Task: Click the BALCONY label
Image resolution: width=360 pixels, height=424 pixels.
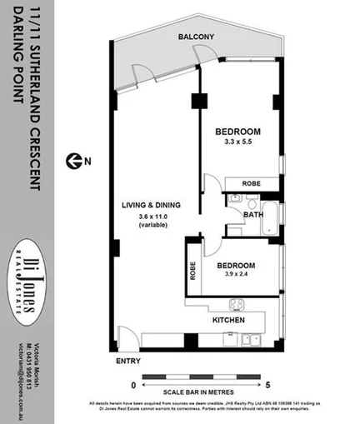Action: (x=196, y=37)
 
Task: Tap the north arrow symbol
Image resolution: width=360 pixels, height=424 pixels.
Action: (x=76, y=159)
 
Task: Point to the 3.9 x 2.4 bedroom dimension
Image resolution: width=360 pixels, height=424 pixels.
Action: (x=238, y=276)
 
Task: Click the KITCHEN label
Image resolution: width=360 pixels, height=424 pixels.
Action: (x=228, y=320)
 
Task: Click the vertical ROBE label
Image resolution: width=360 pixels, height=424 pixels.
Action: (x=192, y=271)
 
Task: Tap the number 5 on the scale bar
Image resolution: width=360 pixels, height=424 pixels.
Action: (x=268, y=386)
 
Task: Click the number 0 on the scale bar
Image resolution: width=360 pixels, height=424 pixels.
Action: (x=132, y=386)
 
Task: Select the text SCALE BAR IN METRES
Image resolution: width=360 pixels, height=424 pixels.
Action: (x=200, y=392)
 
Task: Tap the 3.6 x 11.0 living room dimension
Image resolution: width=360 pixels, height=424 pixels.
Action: (x=152, y=217)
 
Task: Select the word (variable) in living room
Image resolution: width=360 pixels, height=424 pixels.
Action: (x=152, y=226)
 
